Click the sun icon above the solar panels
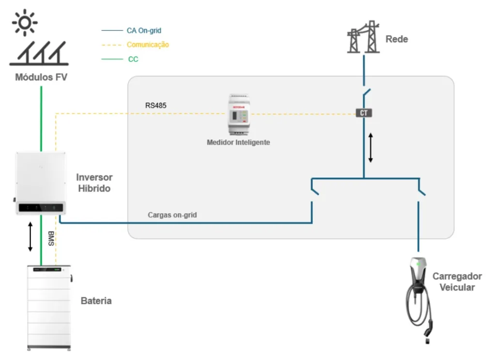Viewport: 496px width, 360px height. coord(25,22)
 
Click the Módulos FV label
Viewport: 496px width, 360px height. coord(41,78)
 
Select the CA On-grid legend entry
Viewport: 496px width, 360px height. coord(144,31)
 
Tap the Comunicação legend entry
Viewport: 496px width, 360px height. coord(148,45)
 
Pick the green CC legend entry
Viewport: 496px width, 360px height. coord(133,59)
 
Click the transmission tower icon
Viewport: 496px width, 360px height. coord(363,37)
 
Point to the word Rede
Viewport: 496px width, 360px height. coord(397,39)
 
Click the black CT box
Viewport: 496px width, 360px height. coord(364,113)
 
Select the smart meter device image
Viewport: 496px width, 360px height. coord(239,114)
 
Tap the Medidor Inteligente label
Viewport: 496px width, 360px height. coord(238,142)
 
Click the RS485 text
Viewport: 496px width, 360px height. coord(155,105)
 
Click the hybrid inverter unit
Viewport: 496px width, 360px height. coord(40,183)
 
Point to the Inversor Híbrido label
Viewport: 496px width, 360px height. coord(94,183)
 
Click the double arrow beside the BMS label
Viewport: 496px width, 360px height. coord(30,236)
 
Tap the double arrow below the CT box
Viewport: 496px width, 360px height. coord(371,148)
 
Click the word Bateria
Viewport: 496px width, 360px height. coord(96,301)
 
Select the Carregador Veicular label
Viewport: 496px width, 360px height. coord(457,282)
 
